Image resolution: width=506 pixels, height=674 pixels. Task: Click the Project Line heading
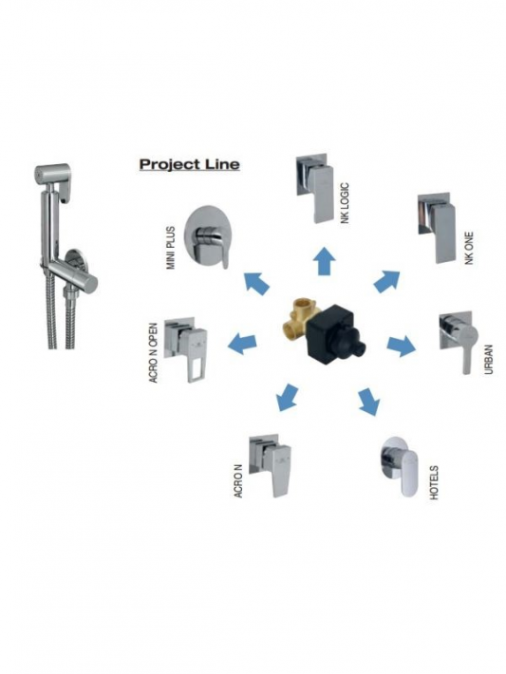click(189, 164)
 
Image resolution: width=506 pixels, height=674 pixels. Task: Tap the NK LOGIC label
click(345, 203)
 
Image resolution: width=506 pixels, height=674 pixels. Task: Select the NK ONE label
click(469, 248)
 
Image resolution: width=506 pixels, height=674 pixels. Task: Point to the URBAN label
click(489, 359)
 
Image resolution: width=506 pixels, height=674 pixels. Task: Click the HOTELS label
click(434, 482)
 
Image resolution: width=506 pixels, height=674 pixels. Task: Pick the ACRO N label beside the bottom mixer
click(238, 480)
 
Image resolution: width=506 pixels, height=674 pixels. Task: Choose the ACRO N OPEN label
click(153, 353)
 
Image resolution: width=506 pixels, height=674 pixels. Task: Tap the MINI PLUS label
click(171, 248)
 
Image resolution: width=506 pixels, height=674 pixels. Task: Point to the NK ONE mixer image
click(437, 228)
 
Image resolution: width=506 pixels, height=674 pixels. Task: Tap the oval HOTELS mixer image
click(399, 466)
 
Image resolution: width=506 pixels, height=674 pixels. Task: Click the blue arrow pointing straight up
click(324, 261)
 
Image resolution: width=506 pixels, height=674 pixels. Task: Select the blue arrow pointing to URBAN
click(402, 346)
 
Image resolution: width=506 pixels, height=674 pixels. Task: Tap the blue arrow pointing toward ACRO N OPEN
click(242, 343)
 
